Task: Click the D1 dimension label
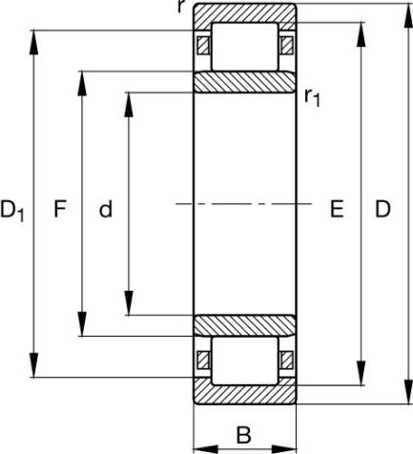tap(12, 211)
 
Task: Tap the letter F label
tap(60, 209)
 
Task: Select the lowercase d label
tap(106, 209)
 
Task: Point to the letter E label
tap(337, 209)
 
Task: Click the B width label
tap(244, 435)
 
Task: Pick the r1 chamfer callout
tap(312, 97)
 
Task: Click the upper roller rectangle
tap(244, 47)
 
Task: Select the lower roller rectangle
tap(244, 361)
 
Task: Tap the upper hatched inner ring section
tap(245, 82)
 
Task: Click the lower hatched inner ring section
tap(245, 325)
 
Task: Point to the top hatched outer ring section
tap(245, 13)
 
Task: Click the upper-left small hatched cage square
tap(203, 46)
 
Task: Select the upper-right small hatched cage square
tap(287, 46)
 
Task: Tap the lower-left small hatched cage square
tap(203, 361)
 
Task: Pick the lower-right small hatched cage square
tap(287, 361)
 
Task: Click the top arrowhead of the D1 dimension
tap(33, 43)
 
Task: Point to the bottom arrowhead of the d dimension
tap(129, 302)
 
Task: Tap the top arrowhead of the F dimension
tap(82, 83)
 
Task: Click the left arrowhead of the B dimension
tap(206, 449)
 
